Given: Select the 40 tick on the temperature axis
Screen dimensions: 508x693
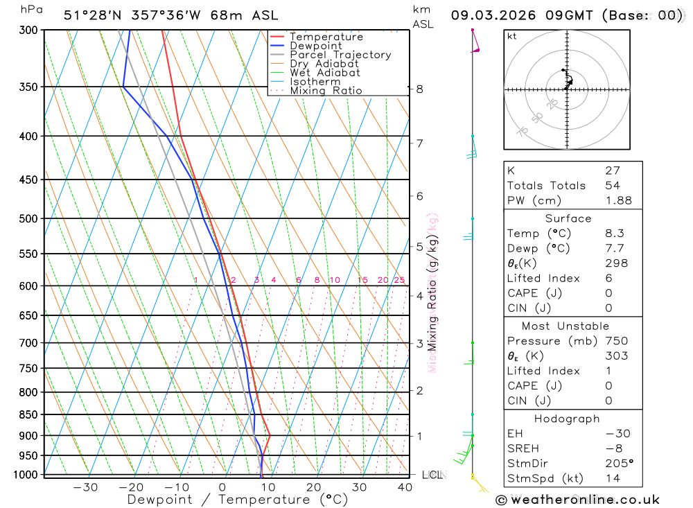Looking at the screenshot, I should click(x=405, y=487).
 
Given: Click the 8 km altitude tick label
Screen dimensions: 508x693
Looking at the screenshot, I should click(x=419, y=89).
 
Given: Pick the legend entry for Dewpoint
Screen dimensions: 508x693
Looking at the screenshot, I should click(x=315, y=46).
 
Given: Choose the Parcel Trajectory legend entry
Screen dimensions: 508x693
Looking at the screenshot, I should click(x=340, y=55).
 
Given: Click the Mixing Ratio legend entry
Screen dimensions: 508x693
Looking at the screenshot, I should click(x=326, y=90).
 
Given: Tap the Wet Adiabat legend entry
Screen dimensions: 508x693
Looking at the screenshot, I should click(x=324, y=73).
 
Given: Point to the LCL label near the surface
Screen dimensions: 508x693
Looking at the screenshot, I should click(x=432, y=475).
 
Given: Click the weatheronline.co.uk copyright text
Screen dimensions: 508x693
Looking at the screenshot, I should click(x=577, y=500).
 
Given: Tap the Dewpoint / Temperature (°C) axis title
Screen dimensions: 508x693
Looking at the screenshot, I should click(x=237, y=500).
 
